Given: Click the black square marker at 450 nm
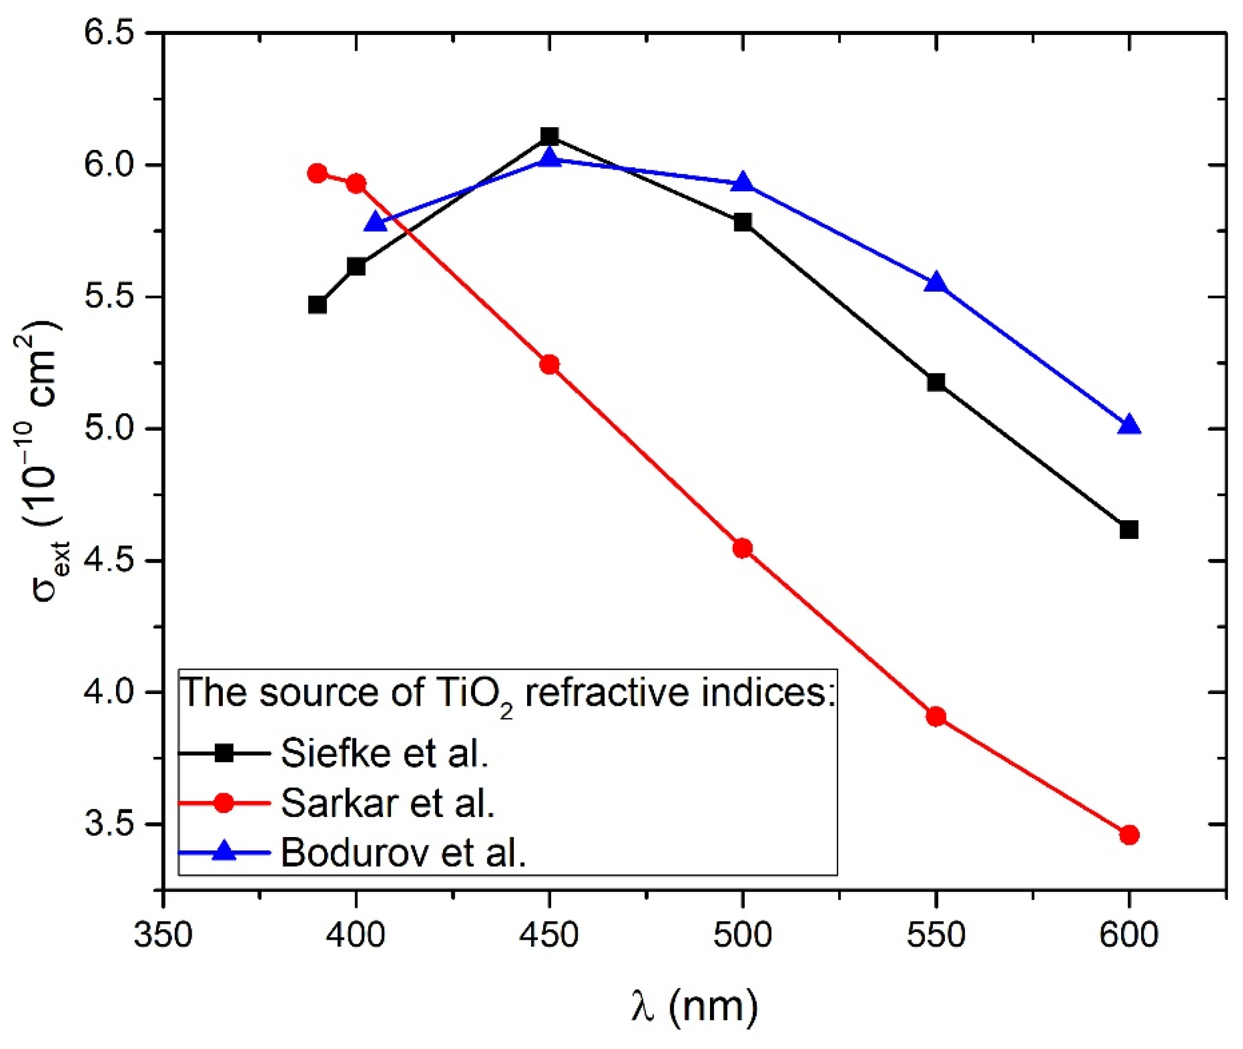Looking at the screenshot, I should tap(549, 136).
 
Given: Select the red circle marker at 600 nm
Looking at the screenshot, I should tap(1129, 835).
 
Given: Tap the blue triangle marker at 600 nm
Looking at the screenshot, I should tap(1129, 426).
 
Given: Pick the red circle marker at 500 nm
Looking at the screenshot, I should tap(742, 548).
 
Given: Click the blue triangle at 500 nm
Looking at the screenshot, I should tap(742, 183).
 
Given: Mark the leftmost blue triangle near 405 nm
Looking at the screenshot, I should tap(376, 223).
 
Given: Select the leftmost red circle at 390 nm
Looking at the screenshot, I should tap(318, 173).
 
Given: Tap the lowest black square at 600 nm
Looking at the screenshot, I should tap(1129, 529).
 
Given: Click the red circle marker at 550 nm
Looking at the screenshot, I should tap(936, 717).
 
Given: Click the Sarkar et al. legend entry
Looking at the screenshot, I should tap(387, 803).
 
